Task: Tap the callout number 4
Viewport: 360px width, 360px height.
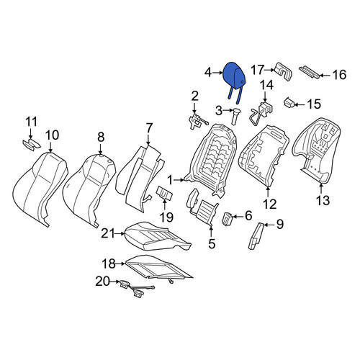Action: click(x=208, y=73)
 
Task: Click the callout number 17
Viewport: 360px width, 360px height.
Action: click(x=258, y=70)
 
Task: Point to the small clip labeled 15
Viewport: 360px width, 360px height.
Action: click(x=289, y=103)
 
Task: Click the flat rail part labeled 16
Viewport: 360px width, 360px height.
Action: click(x=310, y=72)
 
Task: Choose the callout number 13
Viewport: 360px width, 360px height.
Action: click(x=323, y=200)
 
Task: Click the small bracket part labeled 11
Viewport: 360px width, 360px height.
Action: click(x=32, y=144)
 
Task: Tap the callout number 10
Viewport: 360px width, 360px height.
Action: click(x=52, y=135)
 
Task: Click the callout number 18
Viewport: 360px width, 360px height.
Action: click(x=109, y=264)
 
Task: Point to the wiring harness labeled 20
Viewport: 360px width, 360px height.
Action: click(x=137, y=290)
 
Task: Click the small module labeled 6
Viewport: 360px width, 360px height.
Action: click(x=227, y=219)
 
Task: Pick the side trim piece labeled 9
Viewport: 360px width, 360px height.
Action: click(x=256, y=236)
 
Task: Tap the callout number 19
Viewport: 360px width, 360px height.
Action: click(x=166, y=217)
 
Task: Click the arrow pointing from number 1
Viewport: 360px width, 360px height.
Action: click(x=179, y=179)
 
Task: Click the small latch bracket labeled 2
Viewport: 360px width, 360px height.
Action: click(x=198, y=121)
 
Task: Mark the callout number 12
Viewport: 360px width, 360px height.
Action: click(x=270, y=204)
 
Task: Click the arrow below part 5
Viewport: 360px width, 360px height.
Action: click(x=211, y=231)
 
